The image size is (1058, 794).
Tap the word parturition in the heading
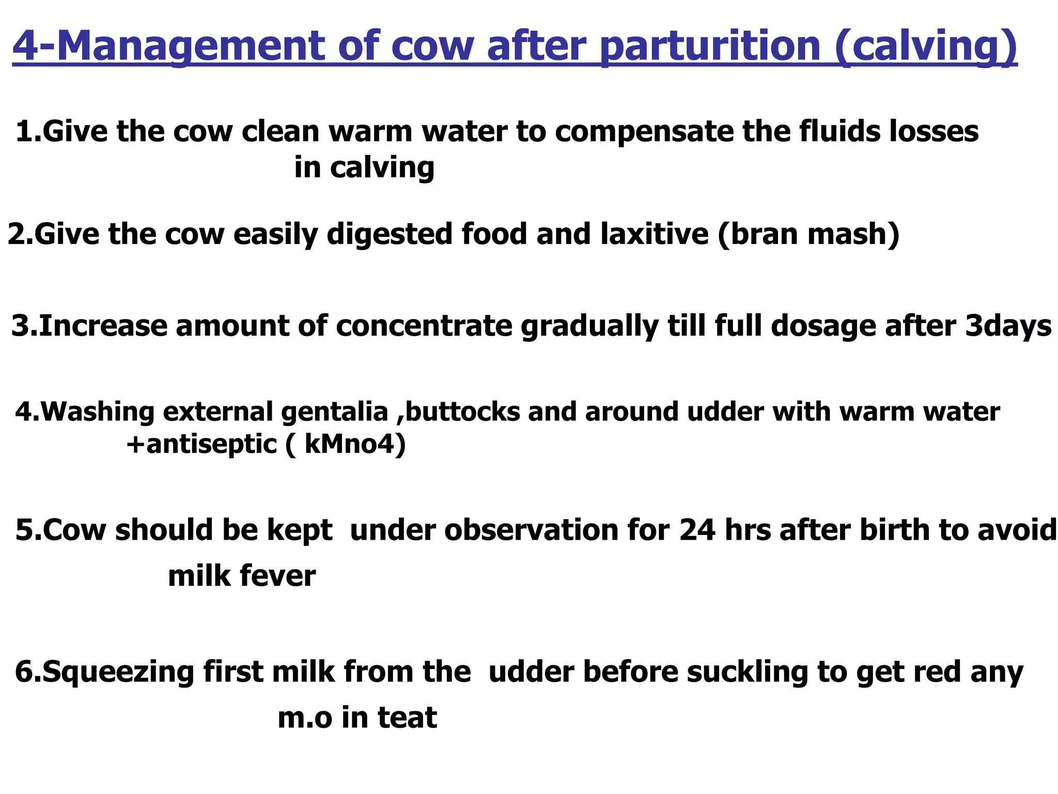pyautogui.click(x=711, y=47)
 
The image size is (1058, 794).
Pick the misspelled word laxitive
pyautogui.click(x=654, y=234)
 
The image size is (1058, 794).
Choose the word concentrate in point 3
pyautogui.click(x=424, y=326)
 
